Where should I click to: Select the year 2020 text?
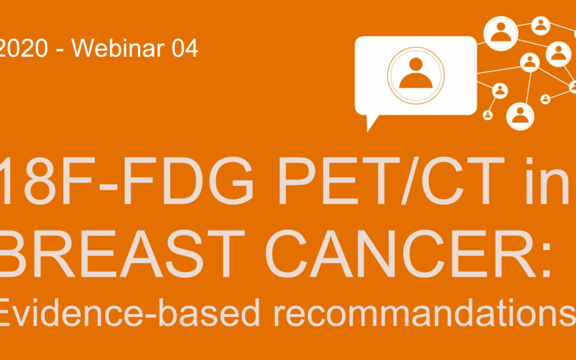click(23, 48)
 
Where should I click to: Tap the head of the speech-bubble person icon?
click(416, 65)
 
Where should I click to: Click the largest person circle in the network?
click(500, 34)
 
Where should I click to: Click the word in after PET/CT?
click(547, 181)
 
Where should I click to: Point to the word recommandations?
click(425, 313)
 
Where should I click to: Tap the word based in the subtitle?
click(209, 312)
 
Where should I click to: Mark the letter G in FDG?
click(234, 181)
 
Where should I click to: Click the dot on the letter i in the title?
click(530, 161)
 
